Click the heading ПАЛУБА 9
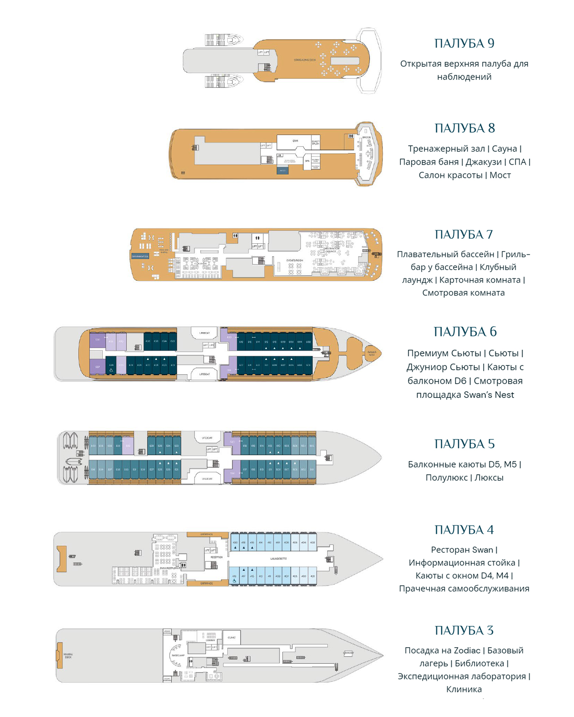[464, 43]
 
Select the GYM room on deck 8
[295, 141]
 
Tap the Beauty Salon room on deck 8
[316, 142]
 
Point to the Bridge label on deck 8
[366, 137]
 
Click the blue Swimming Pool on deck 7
[140, 256]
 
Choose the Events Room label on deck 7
[294, 260]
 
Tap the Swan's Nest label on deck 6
[372, 353]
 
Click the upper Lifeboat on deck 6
[205, 333]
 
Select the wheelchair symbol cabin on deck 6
[111, 366]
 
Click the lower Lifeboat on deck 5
[207, 479]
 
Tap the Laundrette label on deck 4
[278, 559]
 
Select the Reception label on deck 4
[216, 557]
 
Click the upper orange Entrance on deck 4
[207, 534]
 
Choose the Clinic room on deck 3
[231, 637]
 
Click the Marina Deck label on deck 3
[68, 655]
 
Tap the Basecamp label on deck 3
[178, 655]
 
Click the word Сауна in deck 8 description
[504, 148]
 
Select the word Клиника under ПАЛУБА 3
[464, 689]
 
